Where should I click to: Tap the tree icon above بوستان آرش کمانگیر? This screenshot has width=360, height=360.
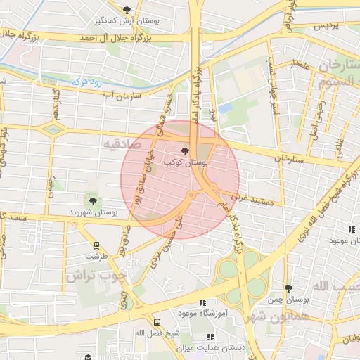[127, 10]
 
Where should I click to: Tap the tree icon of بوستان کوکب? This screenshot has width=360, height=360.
[186, 151]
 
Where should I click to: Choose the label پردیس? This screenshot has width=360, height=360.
[326, 25]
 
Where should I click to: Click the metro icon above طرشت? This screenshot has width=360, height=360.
[96, 246]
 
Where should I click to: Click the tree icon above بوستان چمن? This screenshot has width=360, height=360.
[288, 288]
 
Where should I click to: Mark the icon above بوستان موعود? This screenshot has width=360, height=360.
[352, 229]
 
